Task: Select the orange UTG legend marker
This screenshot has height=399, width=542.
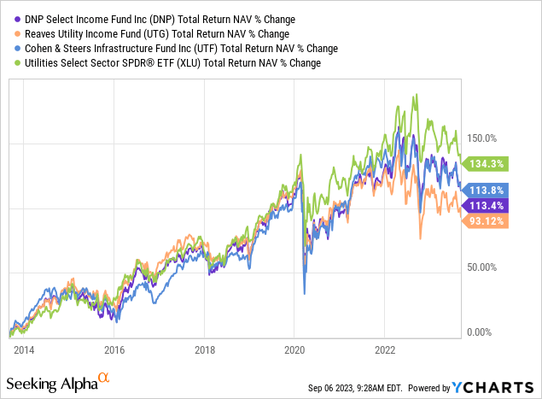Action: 13,33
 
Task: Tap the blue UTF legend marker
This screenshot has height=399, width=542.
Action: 13,48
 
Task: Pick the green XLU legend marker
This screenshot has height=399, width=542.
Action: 13,62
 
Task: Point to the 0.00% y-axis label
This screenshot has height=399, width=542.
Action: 481,332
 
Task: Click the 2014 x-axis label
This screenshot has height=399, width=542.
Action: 23,349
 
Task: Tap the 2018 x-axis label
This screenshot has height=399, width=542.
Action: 204,349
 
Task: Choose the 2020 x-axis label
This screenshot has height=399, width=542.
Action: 294,349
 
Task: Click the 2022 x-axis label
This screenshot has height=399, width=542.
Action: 385,349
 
